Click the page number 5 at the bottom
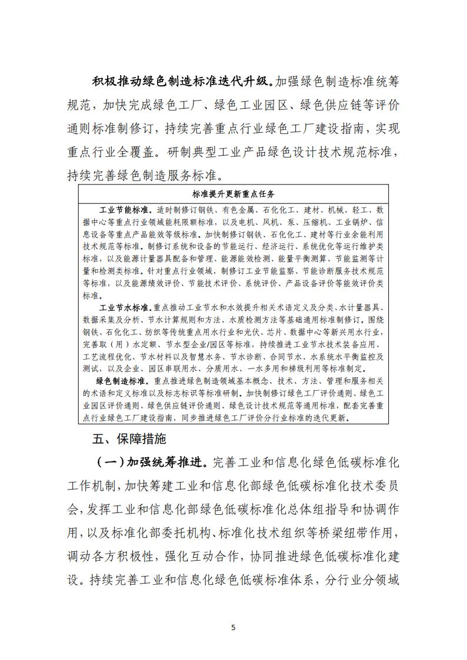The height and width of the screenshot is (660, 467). tap(233, 627)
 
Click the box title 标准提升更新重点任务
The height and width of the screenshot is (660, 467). tap(233, 193)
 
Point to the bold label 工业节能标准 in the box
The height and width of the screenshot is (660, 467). tap(124, 210)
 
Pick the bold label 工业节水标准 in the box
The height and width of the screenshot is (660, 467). tap(124, 307)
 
